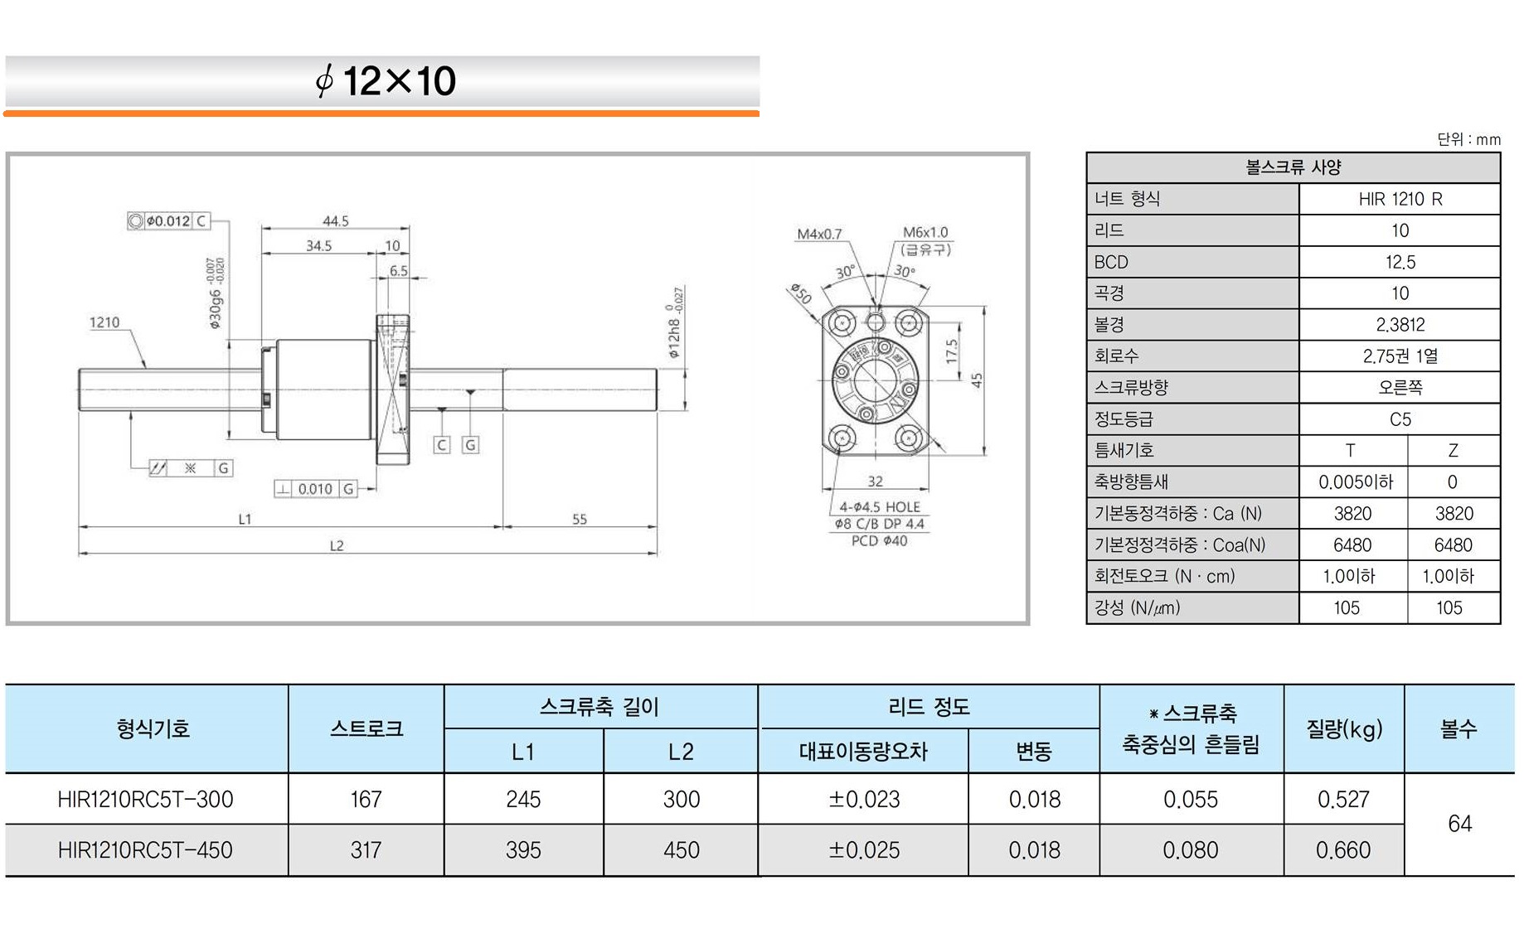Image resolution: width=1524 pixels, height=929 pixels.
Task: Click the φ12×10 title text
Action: coord(386,81)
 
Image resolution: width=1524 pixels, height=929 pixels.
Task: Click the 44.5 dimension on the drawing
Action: coord(336,221)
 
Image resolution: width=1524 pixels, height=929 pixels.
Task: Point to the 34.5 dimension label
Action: coord(318,246)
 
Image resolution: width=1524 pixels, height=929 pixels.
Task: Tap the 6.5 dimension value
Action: coord(399,271)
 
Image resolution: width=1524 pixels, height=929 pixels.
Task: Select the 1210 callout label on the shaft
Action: coord(104,322)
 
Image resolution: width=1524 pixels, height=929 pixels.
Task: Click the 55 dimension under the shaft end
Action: coord(580,520)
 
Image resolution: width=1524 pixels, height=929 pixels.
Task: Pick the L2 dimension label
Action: coord(337,546)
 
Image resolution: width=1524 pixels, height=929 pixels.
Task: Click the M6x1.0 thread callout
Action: coord(925,233)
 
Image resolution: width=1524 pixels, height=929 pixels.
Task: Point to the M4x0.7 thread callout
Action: coord(819,235)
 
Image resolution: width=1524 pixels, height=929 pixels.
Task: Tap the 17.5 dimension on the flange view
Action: coord(952,351)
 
